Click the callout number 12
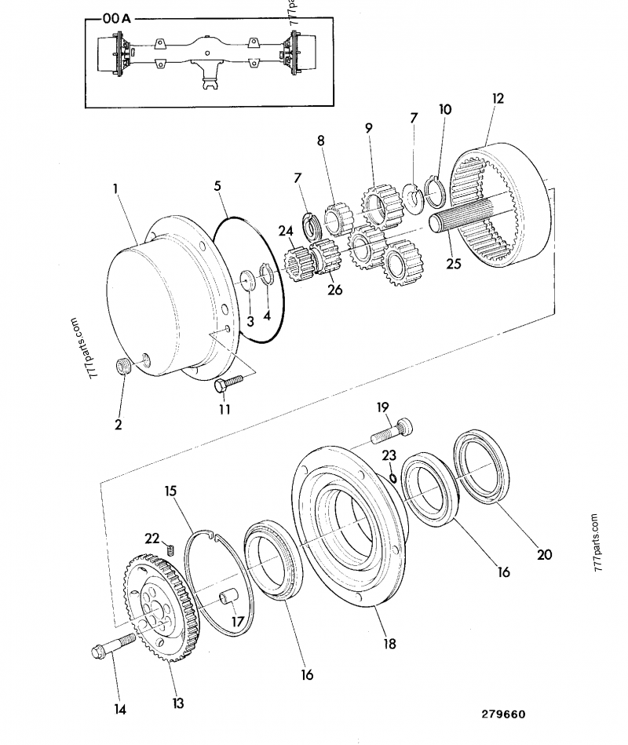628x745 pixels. tap(498, 98)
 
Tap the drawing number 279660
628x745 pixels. tap(503, 714)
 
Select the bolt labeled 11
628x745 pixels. tap(228, 382)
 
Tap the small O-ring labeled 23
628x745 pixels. tap(391, 474)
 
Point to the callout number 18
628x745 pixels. tap(389, 644)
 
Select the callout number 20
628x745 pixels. tap(544, 554)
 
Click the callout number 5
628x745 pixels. tap(218, 186)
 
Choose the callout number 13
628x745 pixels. tap(178, 703)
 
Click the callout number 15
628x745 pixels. tap(171, 491)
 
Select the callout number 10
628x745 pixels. tap(445, 109)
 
